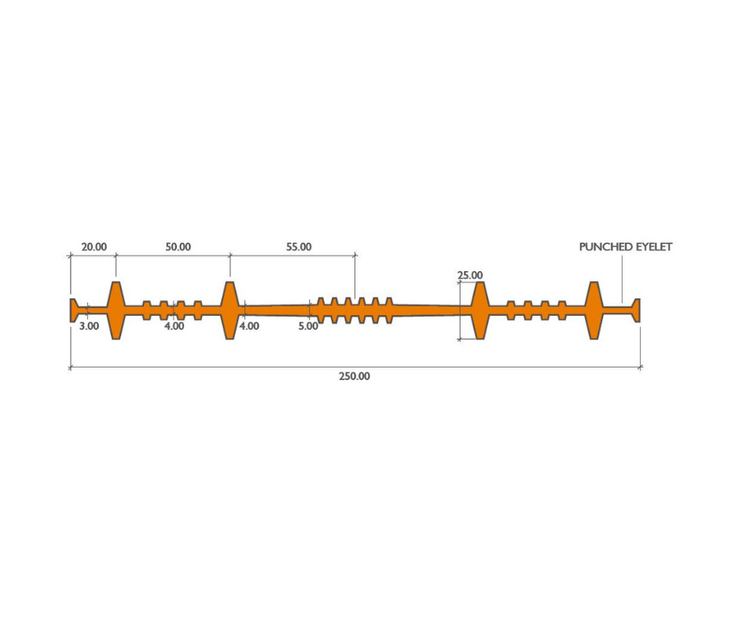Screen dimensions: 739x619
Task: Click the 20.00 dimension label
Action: [x=94, y=247]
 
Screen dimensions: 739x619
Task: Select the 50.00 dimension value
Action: [x=178, y=247]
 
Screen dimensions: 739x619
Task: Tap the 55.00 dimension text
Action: [x=299, y=247]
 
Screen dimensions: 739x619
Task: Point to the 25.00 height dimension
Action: [x=470, y=275]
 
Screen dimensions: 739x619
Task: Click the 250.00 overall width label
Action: [x=355, y=376]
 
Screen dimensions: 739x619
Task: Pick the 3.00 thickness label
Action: [x=89, y=326]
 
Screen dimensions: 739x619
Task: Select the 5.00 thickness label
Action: [x=308, y=326]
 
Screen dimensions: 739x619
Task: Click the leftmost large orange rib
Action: [x=116, y=310]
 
